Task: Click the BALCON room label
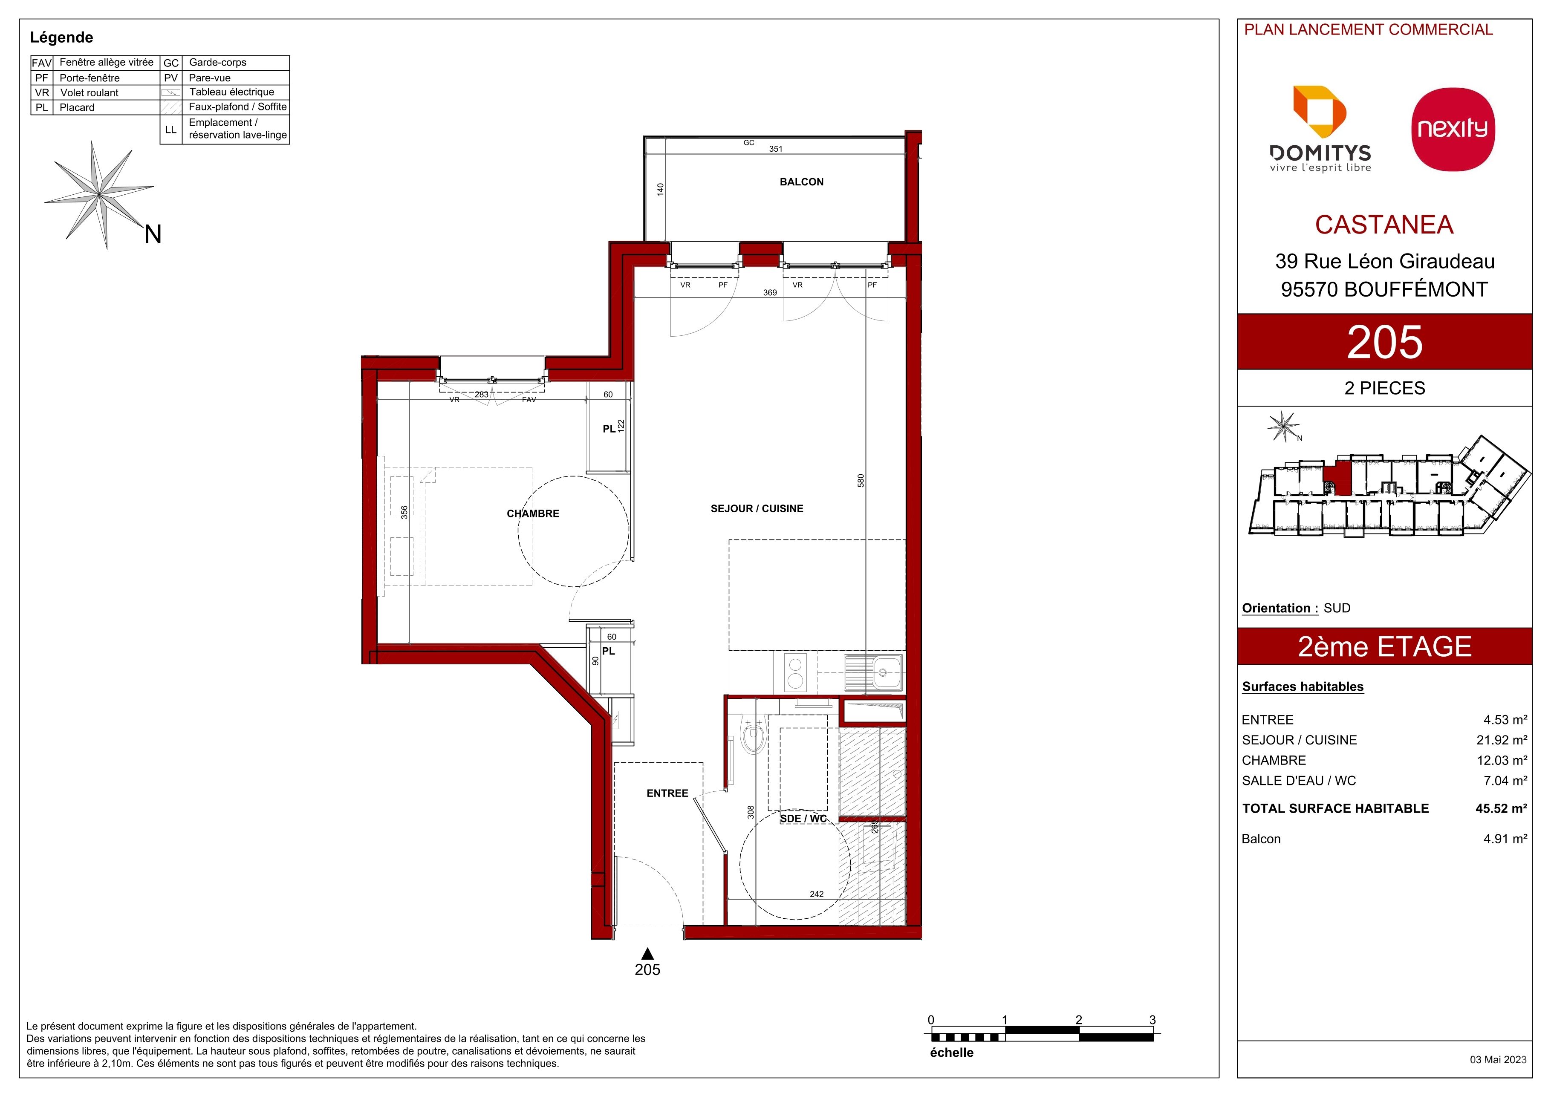[801, 182]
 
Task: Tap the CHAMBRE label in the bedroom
[533, 513]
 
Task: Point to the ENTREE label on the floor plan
[667, 793]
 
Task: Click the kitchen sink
[873, 672]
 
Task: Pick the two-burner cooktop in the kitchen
[796, 672]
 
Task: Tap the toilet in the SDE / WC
[752, 735]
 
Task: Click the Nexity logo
[1453, 129]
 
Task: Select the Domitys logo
[1321, 129]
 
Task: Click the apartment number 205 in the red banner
[1385, 342]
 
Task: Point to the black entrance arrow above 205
[647, 954]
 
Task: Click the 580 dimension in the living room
[861, 481]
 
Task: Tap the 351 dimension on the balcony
[776, 149]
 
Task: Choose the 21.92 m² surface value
[1502, 740]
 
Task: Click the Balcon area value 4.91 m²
[1505, 839]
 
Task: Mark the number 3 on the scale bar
[1152, 1020]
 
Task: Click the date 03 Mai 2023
[1498, 1059]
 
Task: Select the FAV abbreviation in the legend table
[42, 63]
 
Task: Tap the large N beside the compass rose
[153, 234]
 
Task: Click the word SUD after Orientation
[1337, 608]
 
